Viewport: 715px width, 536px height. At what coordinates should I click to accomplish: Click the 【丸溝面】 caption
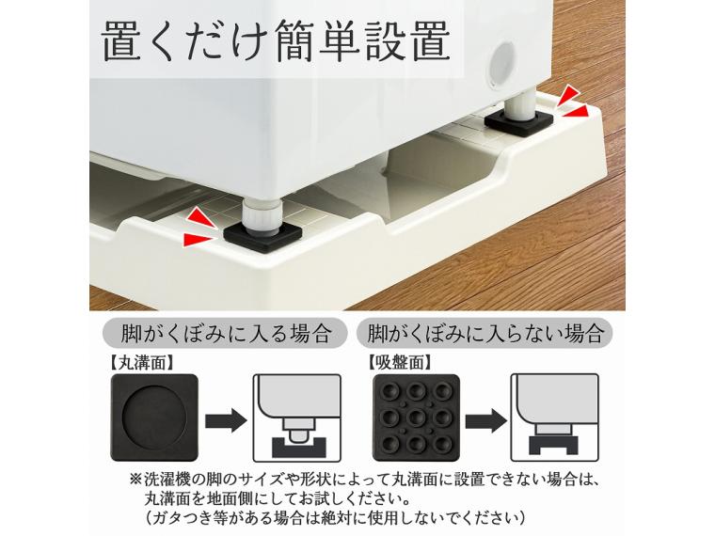click(141, 359)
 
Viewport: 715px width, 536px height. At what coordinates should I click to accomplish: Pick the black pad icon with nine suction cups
click(413, 414)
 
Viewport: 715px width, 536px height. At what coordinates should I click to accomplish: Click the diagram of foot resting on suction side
click(551, 413)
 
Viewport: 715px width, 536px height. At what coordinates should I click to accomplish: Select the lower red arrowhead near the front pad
click(196, 241)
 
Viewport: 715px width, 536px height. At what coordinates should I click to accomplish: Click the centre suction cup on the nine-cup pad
click(413, 414)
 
